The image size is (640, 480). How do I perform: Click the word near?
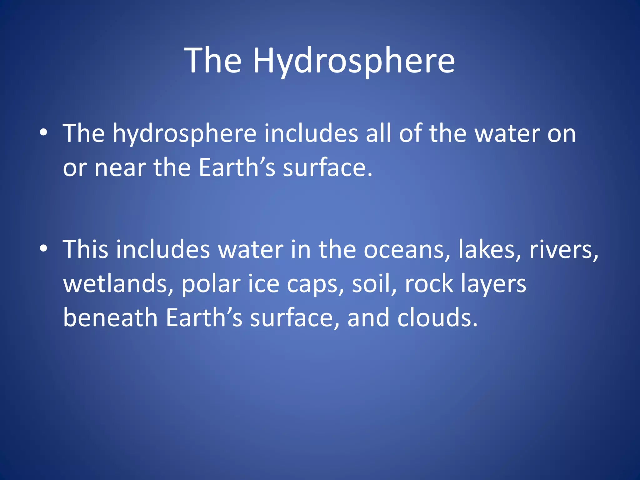120,168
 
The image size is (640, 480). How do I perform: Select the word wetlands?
118,284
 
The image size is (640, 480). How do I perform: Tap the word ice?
263,284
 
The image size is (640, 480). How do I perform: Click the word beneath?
110,318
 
